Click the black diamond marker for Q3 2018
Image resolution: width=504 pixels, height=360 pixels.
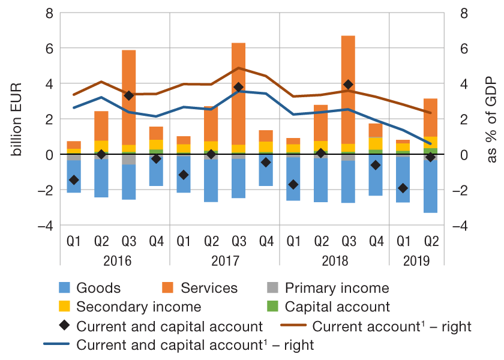tap(348, 85)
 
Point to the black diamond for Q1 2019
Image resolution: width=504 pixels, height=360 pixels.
tap(403, 188)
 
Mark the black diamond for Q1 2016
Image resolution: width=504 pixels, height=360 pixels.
tap(74, 180)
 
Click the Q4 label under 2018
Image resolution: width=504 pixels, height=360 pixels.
tap(376, 242)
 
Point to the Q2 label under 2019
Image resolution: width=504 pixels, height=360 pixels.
tap(431, 242)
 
